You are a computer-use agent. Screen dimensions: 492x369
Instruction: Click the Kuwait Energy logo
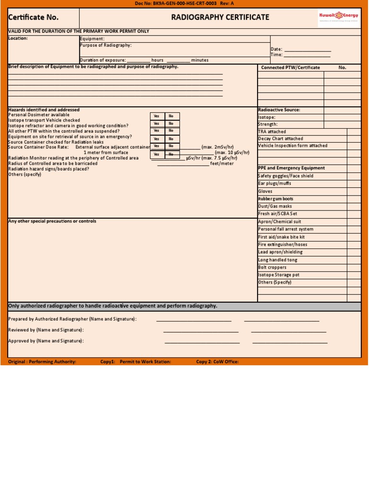pos(338,17)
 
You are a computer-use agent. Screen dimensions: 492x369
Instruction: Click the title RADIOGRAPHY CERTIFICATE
pos(220,17)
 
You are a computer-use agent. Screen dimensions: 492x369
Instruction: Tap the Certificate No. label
pos(33,17)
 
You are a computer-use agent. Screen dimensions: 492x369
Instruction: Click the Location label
pos(18,38)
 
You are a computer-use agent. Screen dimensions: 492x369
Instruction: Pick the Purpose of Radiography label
pos(106,45)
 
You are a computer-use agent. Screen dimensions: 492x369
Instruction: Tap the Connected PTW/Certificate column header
pos(290,68)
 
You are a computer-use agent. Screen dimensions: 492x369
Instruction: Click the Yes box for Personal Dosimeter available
pos(157,116)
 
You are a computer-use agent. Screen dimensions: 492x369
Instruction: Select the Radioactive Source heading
pos(279,110)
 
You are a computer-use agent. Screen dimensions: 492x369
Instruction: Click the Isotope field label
pos(267,117)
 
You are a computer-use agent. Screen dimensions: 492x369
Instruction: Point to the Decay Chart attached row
pos(281,139)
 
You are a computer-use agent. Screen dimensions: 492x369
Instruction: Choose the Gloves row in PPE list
pos(265,191)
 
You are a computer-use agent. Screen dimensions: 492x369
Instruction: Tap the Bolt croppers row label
pos(272,268)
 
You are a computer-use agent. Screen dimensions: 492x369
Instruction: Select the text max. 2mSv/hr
pos(218,147)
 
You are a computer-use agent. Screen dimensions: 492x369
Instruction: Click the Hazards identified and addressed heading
pos(44,110)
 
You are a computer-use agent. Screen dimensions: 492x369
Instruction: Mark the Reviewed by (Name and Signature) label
pos(46,330)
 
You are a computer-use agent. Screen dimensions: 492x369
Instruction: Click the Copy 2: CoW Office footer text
pos(217,362)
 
